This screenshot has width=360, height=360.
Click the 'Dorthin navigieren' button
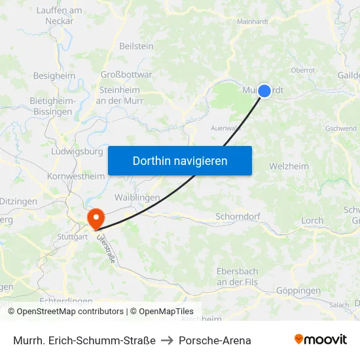[x=180, y=160]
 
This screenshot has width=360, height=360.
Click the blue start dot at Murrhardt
[x=264, y=91]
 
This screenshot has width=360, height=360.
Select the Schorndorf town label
[x=238, y=216]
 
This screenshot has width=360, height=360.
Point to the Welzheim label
[x=289, y=166]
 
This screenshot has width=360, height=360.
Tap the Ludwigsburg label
[x=77, y=151]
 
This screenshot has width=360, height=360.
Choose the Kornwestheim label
[x=76, y=176]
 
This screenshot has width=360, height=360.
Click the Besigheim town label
[x=54, y=76]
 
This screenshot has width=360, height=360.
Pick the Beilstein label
[x=136, y=46]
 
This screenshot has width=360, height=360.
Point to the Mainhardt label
[x=253, y=22]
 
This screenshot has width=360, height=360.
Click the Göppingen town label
[x=298, y=291]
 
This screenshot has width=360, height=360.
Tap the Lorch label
[x=312, y=221]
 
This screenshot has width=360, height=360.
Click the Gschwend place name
[x=340, y=129]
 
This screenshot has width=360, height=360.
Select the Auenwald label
[x=225, y=128]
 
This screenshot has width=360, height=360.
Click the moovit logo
[x=320, y=339]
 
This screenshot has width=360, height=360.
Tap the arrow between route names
[x=167, y=340]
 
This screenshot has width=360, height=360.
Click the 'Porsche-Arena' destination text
[x=215, y=340]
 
